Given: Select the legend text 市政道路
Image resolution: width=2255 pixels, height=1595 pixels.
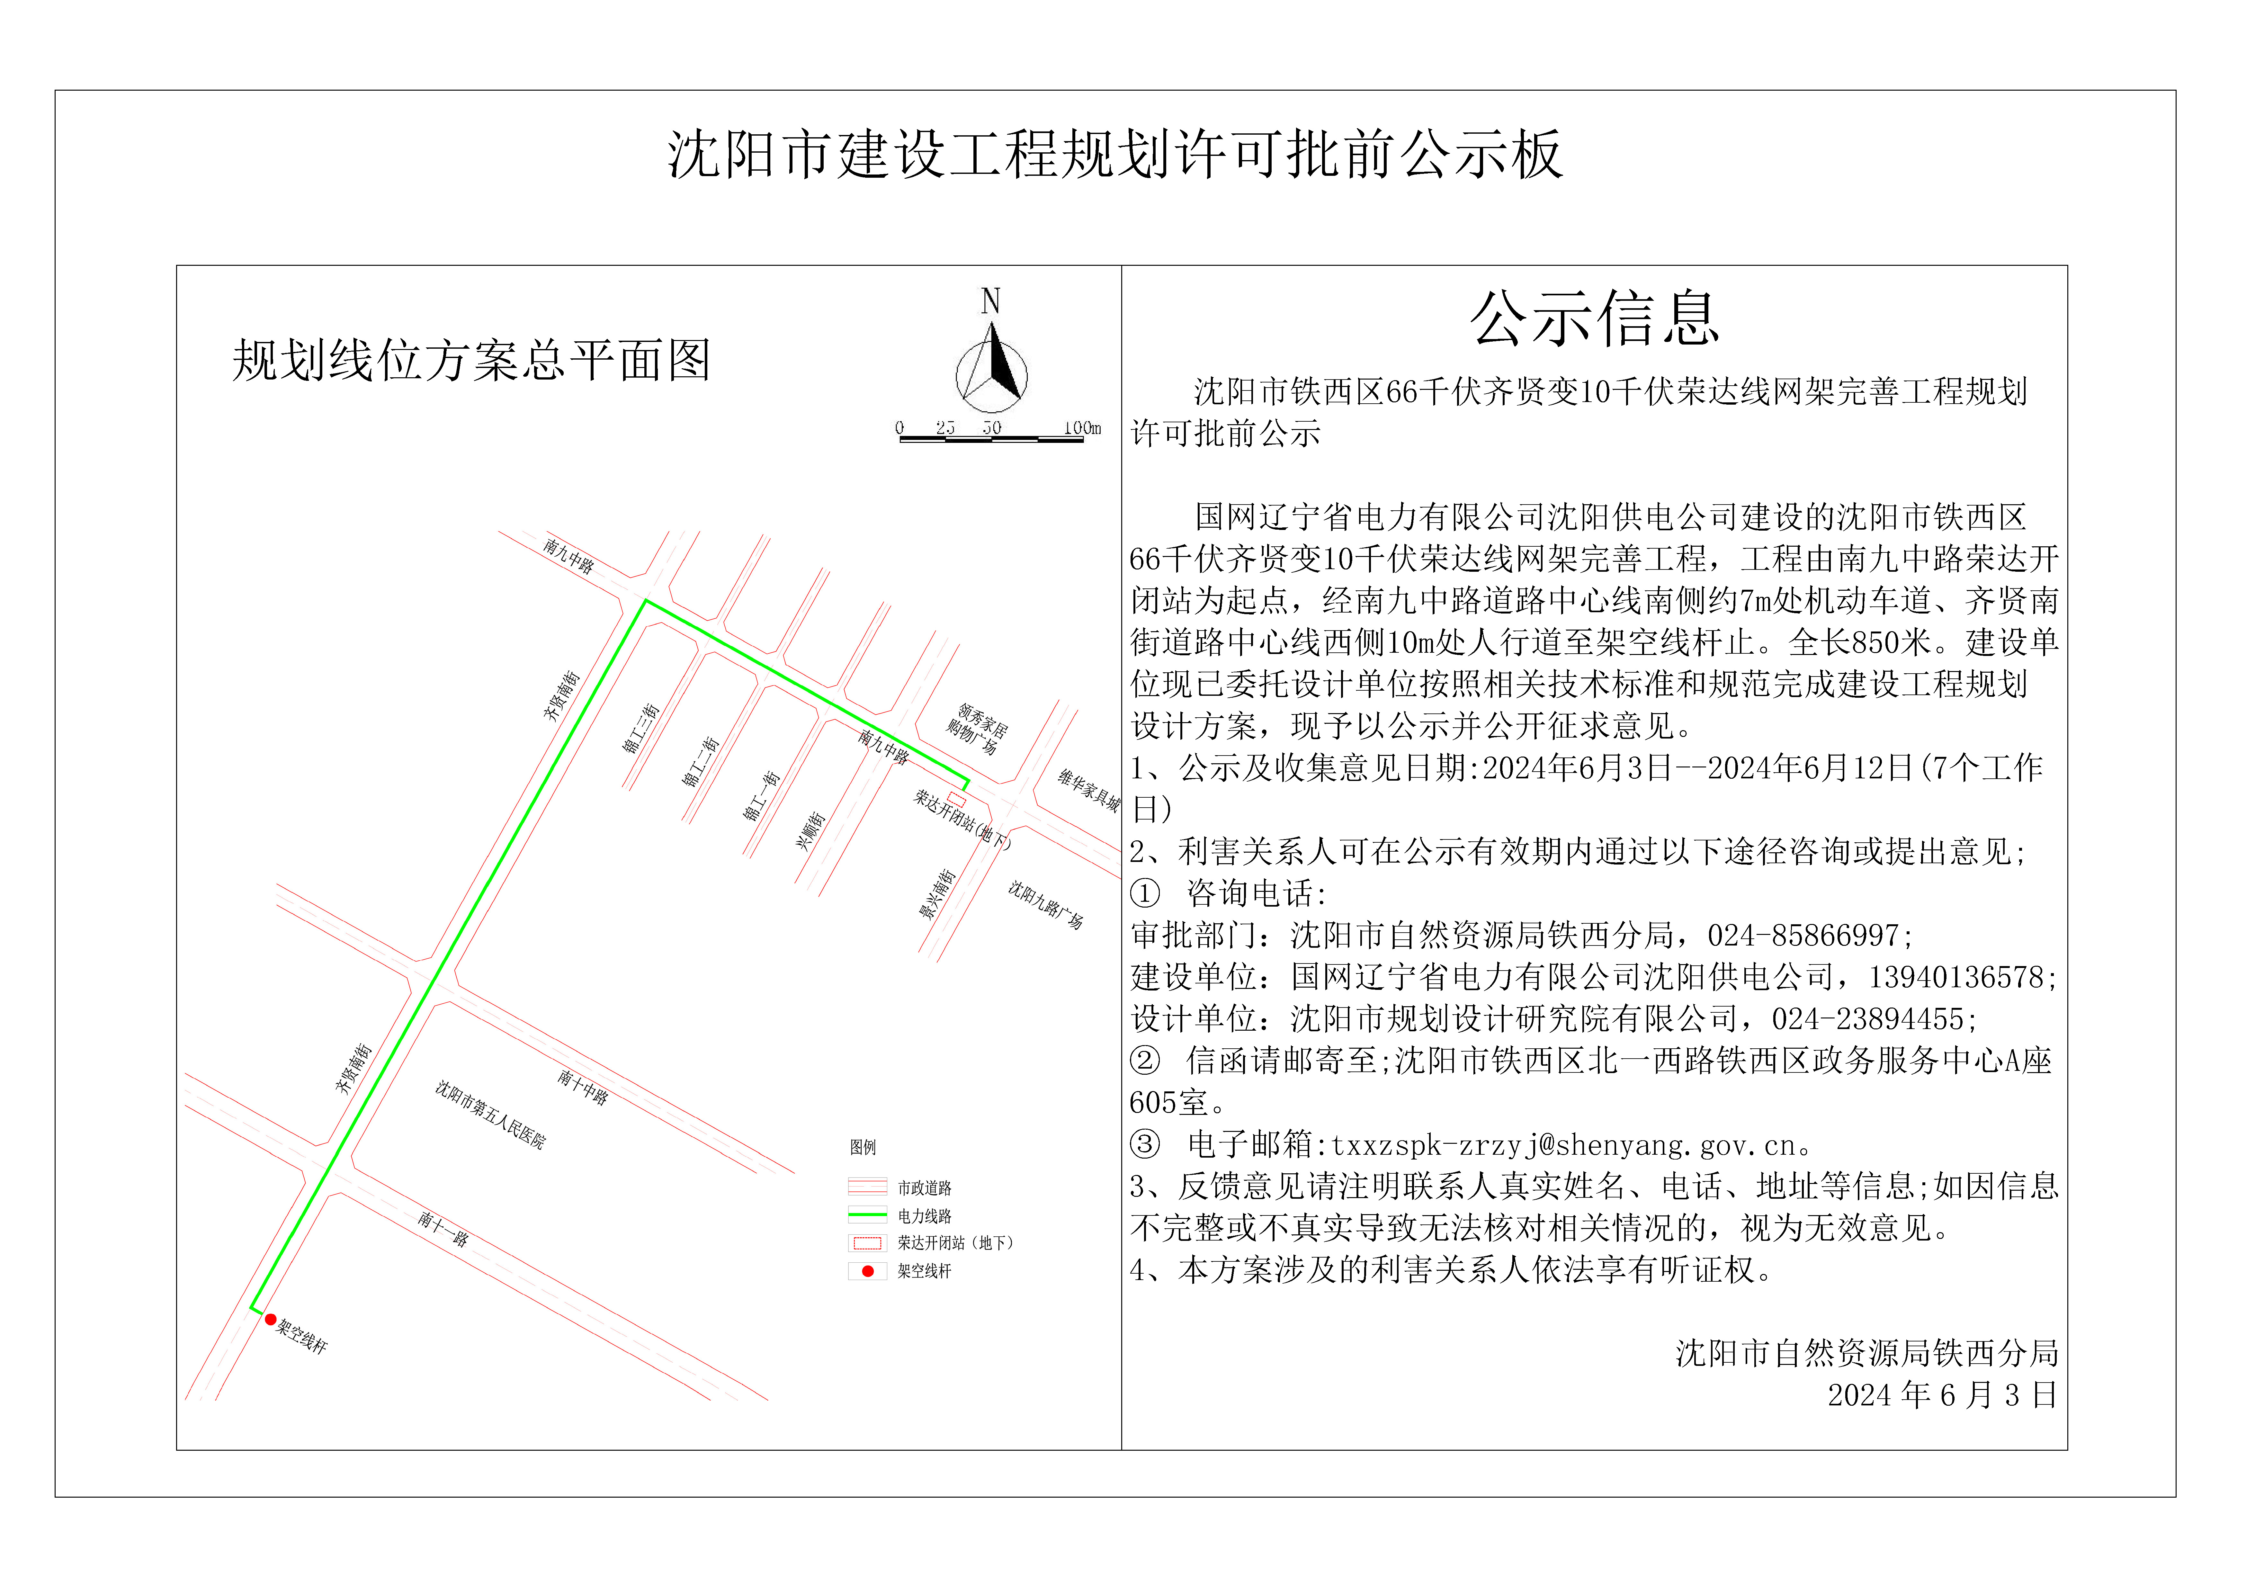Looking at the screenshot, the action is (924, 1188).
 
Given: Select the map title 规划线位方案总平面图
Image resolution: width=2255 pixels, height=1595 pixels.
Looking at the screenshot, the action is (471, 361).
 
